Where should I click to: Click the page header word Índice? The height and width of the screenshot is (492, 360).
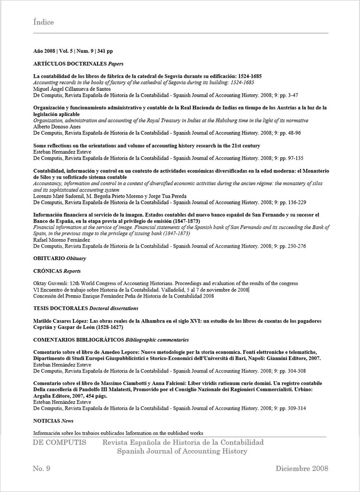(x=44, y=22)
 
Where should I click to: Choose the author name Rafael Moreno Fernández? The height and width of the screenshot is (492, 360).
(x=61, y=240)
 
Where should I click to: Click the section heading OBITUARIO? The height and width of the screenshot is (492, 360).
(x=49, y=258)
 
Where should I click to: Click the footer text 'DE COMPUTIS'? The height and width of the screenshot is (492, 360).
(x=60, y=442)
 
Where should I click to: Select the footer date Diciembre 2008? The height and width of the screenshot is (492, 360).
(x=302, y=468)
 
